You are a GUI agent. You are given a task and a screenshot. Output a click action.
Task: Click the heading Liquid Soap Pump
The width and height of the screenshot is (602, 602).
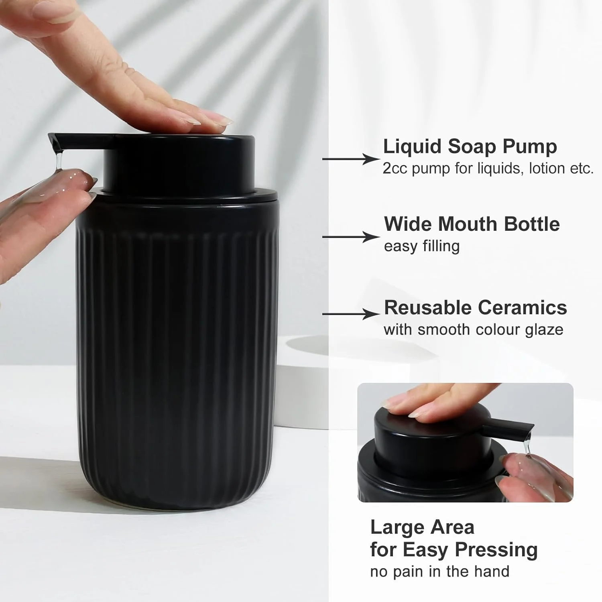tap(470, 147)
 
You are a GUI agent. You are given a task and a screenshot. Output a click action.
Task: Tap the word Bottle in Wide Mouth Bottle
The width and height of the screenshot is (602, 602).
tap(532, 224)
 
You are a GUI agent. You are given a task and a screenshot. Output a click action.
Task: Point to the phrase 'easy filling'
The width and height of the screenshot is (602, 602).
tap(422, 246)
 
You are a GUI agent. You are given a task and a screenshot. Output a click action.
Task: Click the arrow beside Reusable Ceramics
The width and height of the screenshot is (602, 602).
tap(351, 314)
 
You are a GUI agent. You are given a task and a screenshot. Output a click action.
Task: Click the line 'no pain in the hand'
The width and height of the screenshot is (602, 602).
tap(440, 571)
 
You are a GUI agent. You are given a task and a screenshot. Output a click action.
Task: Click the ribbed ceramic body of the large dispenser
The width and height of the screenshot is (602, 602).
tap(177, 357)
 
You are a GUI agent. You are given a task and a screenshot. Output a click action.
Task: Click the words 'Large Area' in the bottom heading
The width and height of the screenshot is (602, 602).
tap(422, 527)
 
